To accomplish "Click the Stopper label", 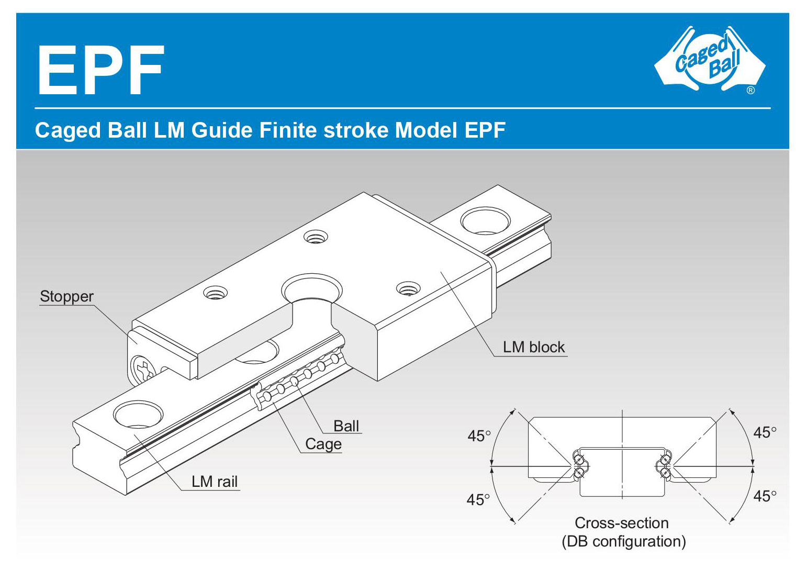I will click(x=66, y=296).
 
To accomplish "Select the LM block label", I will click(x=534, y=347).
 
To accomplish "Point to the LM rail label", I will click(x=215, y=481).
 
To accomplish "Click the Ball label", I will click(x=346, y=426).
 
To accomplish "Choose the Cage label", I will click(x=323, y=444).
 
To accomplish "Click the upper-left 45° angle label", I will click(x=479, y=436).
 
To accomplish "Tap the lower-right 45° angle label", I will click(x=765, y=495).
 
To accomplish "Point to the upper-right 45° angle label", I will click(x=765, y=432).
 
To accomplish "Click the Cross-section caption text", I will click(x=622, y=523).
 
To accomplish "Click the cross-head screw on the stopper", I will click(x=143, y=369).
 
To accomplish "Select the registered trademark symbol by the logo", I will click(x=750, y=91).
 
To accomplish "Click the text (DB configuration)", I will click(x=623, y=541).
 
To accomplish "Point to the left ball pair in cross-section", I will click(x=579, y=465).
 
